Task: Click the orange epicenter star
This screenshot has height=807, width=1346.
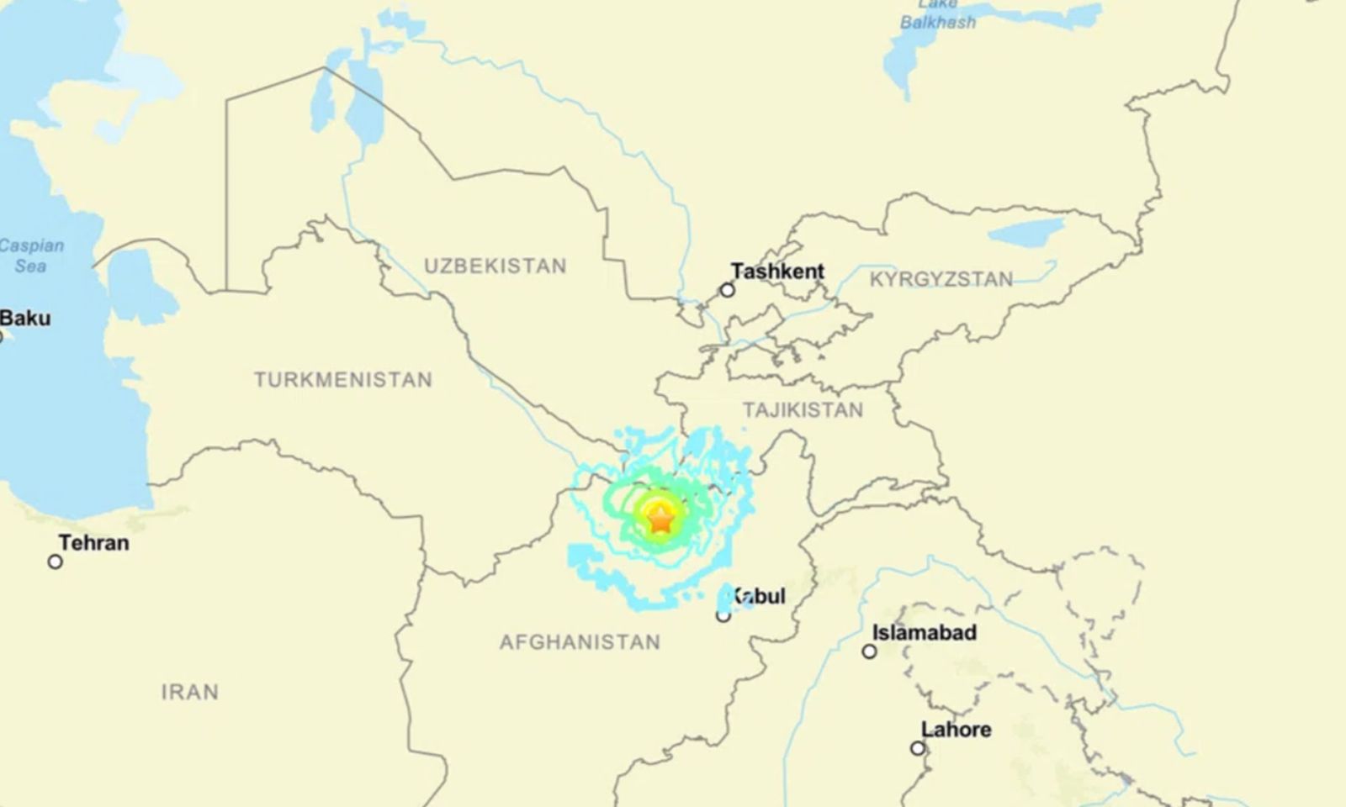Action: pos(661,520)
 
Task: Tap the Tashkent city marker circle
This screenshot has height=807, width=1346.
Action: pos(727,290)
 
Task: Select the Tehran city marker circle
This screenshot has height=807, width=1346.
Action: pos(56,562)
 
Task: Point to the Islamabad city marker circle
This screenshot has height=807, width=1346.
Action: pos(869,651)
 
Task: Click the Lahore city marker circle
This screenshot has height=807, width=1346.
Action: pos(918,748)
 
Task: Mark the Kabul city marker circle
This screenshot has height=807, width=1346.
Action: pos(723,616)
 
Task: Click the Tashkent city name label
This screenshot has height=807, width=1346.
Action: pos(777,272)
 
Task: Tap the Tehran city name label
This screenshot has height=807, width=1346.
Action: pos(93,543)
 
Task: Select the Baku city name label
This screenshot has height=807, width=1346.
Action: pos(25,319)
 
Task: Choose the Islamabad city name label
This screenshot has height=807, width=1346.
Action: pos(924,633)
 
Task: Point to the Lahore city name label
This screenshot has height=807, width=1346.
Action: pos(956,730)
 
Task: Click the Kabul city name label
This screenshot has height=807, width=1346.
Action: pos(758,596)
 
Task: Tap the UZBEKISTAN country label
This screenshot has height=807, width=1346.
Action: pos(495,266)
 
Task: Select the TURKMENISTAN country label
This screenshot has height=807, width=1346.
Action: pos(343,380)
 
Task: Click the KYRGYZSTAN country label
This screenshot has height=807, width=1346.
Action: pos(941,280)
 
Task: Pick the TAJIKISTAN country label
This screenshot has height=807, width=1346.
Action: pos(803,410)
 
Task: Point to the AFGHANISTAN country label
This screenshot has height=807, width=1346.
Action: pos(580,643)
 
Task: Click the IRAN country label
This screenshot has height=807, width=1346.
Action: pos(190,693)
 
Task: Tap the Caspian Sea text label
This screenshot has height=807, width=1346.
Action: pos(31,256)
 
